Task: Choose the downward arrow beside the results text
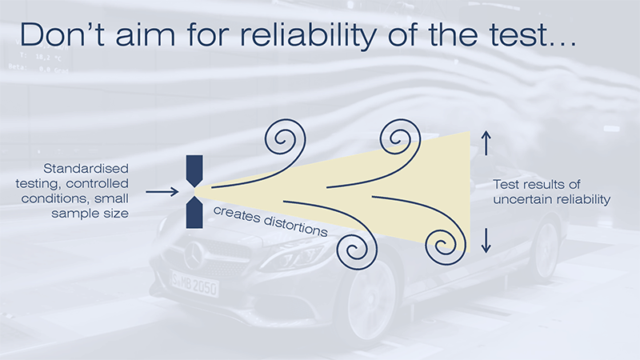coord(485,240)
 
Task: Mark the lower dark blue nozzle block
coord(195,212)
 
